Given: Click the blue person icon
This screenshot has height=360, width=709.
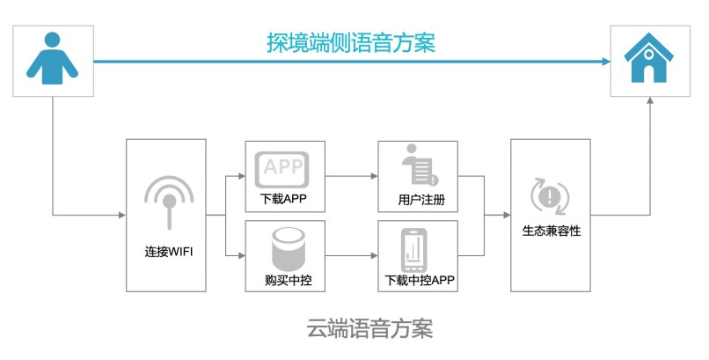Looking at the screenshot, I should pos(52,59).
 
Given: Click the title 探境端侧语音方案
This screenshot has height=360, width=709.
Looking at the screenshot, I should pos(351,42).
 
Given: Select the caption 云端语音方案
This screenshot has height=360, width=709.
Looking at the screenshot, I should pos(369,330).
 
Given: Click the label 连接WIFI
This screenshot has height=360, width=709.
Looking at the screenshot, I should pos(169,252).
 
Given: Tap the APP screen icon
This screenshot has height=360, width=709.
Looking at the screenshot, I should pos(281,166).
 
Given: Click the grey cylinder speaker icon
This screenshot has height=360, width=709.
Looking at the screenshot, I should pos(281,248).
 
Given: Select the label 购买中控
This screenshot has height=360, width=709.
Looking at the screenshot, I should pos(281,281).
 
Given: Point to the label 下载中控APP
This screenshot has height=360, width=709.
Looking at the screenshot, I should pos(419,282).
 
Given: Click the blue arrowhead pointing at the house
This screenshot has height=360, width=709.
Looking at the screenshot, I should pos(605,61).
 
